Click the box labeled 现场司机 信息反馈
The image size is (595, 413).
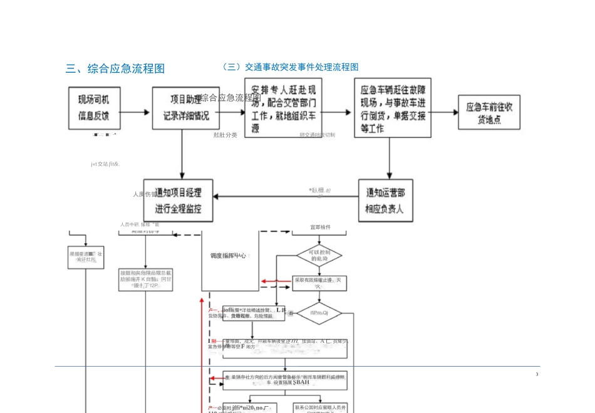click(93, 107)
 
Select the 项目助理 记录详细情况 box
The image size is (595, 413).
click(182, 107)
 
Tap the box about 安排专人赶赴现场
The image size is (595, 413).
click(283, 107)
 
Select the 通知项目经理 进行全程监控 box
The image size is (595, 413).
click(178, 200)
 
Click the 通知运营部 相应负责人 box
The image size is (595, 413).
click(389, 201)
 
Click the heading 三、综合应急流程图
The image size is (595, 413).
click(115, 68)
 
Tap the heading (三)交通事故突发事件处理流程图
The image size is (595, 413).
click(291, 66)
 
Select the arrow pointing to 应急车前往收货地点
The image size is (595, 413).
click(442, 113)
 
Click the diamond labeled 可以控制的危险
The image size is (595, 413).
click(319, 255)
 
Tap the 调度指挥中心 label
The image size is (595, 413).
click(228, 256)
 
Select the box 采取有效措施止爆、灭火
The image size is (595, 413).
click(319, 283)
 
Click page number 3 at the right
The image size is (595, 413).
click(537, 374)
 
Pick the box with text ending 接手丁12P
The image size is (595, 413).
click(145, 281)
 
